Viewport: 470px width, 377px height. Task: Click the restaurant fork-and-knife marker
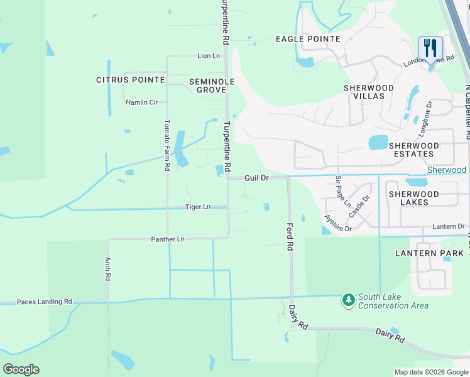pos(430,48)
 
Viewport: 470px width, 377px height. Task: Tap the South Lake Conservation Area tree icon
pos(348,300)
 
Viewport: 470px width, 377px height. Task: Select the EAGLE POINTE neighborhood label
pos(308,39)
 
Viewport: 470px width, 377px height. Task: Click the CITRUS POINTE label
pos(131,80)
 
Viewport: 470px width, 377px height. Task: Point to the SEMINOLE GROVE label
pos(212,86)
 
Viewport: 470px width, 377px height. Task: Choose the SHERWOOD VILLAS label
pos(368,92)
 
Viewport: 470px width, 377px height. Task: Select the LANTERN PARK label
pos(429,253)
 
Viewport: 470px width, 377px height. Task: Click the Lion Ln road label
pos(209,56)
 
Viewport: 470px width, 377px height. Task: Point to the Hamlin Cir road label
pos(141,102)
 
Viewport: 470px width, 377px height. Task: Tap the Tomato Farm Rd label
pos(167,145)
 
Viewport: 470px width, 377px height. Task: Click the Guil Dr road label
pos(256,178)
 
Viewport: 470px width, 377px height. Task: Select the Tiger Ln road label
pos(197,207)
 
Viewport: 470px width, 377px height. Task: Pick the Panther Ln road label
pos(168,239)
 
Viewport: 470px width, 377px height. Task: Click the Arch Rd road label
pos(108,268)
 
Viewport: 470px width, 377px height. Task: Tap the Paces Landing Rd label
pos(44,302)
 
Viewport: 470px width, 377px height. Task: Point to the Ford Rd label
pos(290,236)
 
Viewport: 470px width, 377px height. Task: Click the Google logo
pos(21,369)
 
